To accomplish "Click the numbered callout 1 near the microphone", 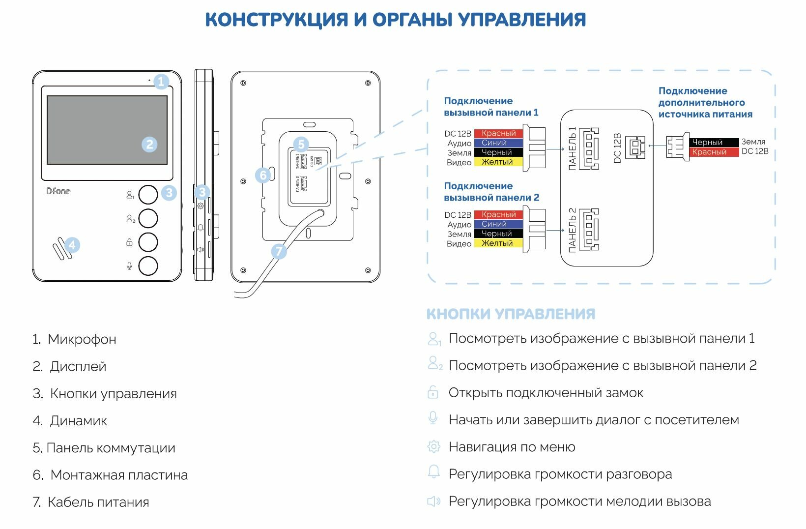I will click(x=161, y=81).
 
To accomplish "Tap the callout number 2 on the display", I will click(x=149, y=145).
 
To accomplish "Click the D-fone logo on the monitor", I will click(x=58, y=191).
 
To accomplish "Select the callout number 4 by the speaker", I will click(x=72, y=245).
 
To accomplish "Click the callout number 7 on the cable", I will click(x=279, y=251).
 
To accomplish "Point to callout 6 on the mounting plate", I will click(x=263, y=175).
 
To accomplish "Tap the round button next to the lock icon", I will click(x=148, y=242).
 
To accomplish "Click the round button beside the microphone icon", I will click(x=148, y=266).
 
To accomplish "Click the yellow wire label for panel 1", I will click(x=497, y=162).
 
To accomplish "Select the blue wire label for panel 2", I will click(x=497, y=224).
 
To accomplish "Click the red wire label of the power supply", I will click(x=714, y=152).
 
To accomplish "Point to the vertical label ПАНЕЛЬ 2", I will click(x=572, y=230).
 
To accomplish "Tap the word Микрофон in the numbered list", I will click(x=82, y=340).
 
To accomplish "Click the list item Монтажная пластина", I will click(x=119, y=475).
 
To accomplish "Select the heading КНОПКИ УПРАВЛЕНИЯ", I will click(x=511, y=314).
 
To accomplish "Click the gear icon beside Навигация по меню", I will click(x=433, y=446).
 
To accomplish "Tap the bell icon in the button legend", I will click(x=433, y=472).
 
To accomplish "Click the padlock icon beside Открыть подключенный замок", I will click(x=433, y=392).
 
